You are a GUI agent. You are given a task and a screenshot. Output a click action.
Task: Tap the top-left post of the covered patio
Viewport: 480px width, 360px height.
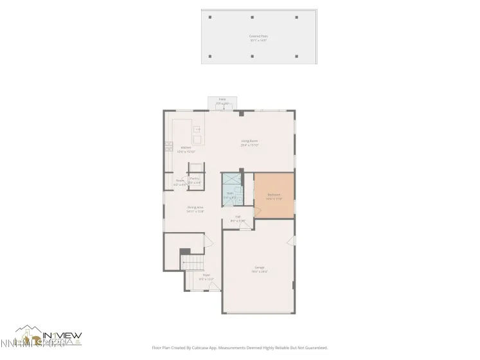tap(211, 17)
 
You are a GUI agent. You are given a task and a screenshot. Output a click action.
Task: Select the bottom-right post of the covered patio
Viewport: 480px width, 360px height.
tap(297, 56)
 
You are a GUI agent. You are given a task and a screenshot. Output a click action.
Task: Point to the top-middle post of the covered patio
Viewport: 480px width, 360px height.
tap(253, 17)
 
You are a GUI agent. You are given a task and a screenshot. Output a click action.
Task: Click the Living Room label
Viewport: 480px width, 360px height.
tap(249, 143)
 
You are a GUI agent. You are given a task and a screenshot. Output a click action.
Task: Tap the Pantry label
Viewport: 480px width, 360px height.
tap(194, 181)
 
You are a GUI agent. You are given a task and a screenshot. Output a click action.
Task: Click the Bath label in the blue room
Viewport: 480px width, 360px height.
tap(231, 194)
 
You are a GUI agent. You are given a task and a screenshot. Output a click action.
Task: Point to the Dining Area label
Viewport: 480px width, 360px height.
tap(195, 209)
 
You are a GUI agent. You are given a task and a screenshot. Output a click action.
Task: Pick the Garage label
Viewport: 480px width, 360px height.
tap(260, 269)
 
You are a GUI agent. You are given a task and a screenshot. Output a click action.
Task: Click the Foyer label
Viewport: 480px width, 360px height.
tap(206, 277)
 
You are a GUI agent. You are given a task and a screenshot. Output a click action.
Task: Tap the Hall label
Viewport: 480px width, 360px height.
tap(238, 219)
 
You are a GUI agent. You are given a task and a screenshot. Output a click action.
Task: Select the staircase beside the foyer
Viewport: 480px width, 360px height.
tap(193, 264)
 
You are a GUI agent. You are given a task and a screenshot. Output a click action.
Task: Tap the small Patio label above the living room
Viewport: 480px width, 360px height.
tap(222, 102)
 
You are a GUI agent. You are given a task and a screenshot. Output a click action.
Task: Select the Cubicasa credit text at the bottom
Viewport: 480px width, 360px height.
tap(240, 347)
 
